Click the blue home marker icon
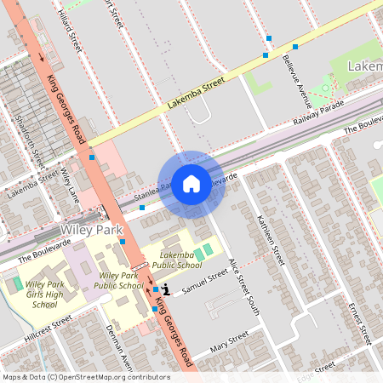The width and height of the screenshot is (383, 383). tap(191, 184)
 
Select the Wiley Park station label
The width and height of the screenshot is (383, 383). tap(86, 231)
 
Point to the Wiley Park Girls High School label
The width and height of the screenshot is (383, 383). tap(44, 294)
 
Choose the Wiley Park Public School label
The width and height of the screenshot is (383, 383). tap(118, 281)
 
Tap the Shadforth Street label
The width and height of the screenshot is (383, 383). tap(32, 140)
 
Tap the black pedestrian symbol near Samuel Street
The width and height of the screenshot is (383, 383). tap(166, 290)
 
